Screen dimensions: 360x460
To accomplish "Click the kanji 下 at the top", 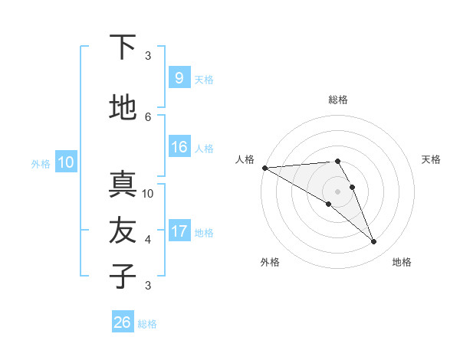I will point(123,47).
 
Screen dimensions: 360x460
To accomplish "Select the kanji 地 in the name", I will point(123,108).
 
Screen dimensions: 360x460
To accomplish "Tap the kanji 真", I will point(123,184).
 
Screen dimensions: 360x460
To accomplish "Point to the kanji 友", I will point(123,230).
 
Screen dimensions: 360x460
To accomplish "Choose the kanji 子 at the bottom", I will point(123,276).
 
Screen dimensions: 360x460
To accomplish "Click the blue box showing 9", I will point(179,78).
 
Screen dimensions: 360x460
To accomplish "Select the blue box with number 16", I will point(179,147).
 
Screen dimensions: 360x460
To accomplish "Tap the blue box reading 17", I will point(179,231).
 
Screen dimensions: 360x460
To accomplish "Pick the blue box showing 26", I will point(123,322).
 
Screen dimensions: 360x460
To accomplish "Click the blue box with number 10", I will point(65,162).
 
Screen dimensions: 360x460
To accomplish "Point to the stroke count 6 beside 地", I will point(148,116).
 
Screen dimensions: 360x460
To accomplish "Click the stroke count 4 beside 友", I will point(148,239).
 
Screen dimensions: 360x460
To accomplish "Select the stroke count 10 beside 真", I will point(148,193).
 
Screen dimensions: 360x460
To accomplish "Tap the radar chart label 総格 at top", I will point(338,100).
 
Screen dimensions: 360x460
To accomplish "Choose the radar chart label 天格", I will point(432,159).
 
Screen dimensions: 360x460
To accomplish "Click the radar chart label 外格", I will point(270,262).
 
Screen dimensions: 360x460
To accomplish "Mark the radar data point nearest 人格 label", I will point(264,168).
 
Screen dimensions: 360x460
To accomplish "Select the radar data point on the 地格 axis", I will point(374,242).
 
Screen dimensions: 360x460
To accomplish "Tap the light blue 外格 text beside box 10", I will point(41,163).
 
